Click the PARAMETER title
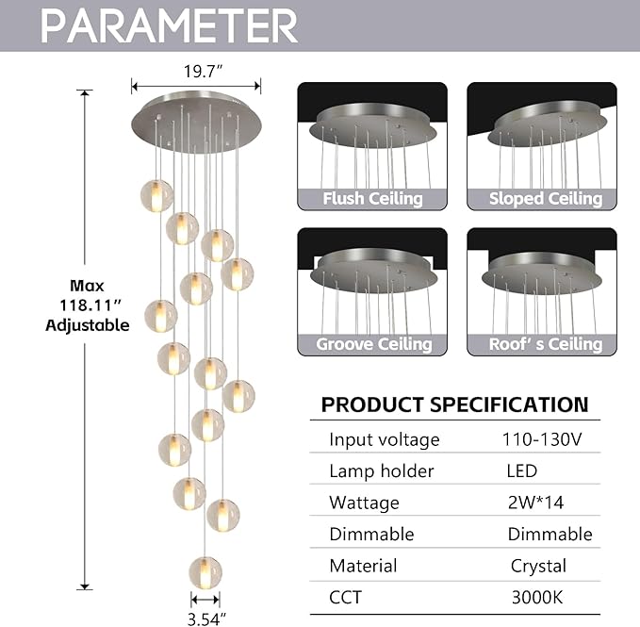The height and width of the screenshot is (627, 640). point(170,25)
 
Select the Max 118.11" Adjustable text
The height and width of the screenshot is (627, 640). point(87,305)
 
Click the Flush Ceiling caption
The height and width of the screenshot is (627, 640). point(372,199)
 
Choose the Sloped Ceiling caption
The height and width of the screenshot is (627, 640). point(545,199)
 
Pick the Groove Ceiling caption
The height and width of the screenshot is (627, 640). point(372,344)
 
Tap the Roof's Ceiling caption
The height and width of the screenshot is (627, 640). point(545,344)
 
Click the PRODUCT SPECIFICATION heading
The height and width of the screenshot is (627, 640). point(454,404)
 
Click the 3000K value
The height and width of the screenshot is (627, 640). point(537,597)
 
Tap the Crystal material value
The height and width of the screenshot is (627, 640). point(537,566)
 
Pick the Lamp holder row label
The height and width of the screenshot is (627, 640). point(381,471)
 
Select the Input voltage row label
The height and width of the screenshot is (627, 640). point(384,439)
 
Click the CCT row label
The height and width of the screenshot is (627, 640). point(345,597)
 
